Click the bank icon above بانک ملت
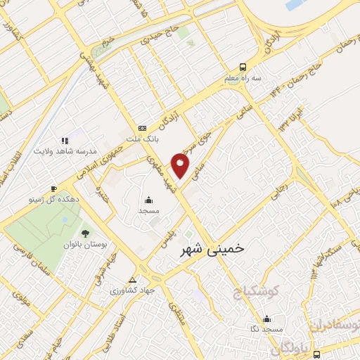tap(143, 128)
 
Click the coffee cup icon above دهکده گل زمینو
tap(53, 188)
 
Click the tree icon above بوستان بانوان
tap(85, 232)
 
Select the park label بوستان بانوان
tap(88, 244)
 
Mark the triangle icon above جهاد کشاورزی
tap(133, 278)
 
